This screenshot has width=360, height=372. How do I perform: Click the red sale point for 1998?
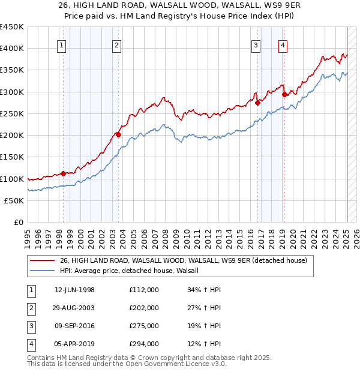coord(64,173)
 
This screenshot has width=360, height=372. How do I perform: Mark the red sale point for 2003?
coord(118,134)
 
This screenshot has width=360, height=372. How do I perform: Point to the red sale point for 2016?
coord(257,103)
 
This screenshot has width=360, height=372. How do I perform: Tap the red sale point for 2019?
coord(284,94)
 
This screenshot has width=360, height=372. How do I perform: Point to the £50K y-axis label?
coord(14,200)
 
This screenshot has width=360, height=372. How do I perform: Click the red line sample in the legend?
coord(41,261)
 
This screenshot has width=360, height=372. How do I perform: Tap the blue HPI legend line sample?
coord(41,271)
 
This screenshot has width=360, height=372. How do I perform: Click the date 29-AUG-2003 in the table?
coord(74,308)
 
